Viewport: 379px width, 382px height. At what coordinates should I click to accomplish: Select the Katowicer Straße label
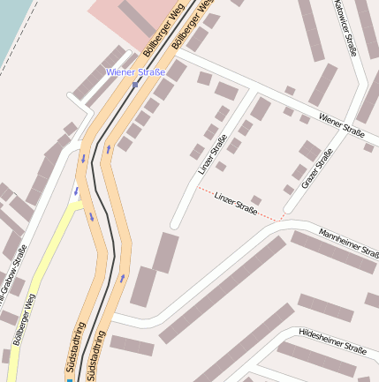pos(345,26)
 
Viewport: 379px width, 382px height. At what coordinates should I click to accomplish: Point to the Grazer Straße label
pos(316,169)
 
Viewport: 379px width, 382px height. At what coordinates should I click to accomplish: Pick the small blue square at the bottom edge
pos(70,379)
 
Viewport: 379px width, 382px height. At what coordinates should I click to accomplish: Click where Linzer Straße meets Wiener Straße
pos(250,89)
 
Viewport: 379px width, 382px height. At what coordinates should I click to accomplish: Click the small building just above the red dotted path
pos(256,200)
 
